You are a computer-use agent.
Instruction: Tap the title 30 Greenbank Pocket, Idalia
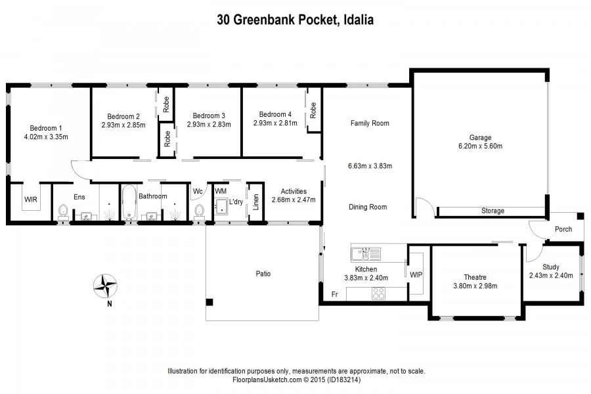295,20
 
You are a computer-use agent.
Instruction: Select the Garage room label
480,137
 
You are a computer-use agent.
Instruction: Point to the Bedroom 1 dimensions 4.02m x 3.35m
46,137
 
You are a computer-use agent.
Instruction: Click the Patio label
263,273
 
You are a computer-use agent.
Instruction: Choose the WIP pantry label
416,273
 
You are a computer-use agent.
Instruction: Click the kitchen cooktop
380,295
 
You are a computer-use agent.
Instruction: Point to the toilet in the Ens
63,211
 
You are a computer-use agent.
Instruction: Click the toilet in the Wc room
199,211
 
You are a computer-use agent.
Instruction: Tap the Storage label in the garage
492,211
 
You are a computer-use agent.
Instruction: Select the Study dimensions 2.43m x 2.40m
551,275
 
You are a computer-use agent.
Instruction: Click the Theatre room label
476,276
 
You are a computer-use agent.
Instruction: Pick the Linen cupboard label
255,200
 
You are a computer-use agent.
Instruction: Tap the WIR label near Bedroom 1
31,198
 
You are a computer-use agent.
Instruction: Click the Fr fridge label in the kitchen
334,294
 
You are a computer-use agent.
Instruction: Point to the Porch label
563,229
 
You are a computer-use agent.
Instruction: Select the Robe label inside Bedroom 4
313,110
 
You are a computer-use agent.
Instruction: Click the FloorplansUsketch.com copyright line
296,380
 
